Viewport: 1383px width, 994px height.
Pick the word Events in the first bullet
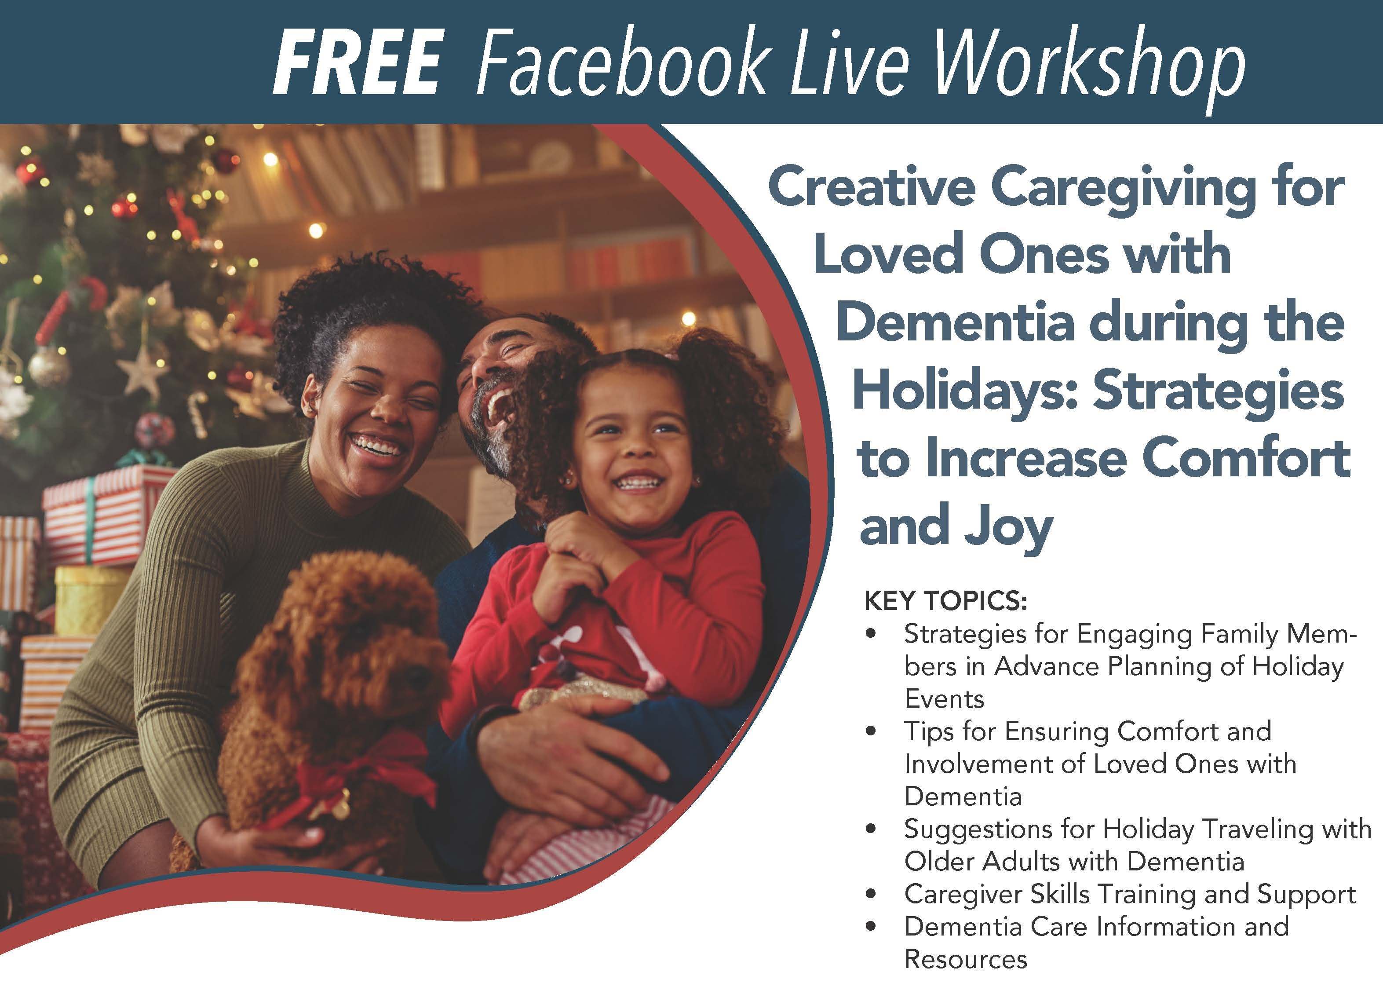[944, 699]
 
